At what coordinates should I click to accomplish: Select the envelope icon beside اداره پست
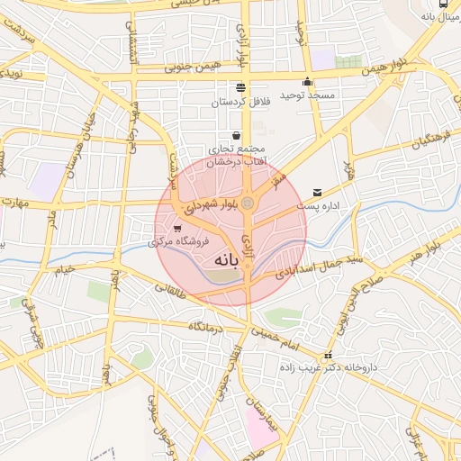317,193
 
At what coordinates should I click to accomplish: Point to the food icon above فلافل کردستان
240,88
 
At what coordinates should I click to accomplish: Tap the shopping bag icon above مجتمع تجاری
236,135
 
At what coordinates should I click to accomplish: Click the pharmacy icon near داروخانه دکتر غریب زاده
328,356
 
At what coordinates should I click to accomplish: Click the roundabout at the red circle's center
247,203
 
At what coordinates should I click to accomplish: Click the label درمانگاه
206,325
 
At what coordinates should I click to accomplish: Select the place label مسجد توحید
307,95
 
